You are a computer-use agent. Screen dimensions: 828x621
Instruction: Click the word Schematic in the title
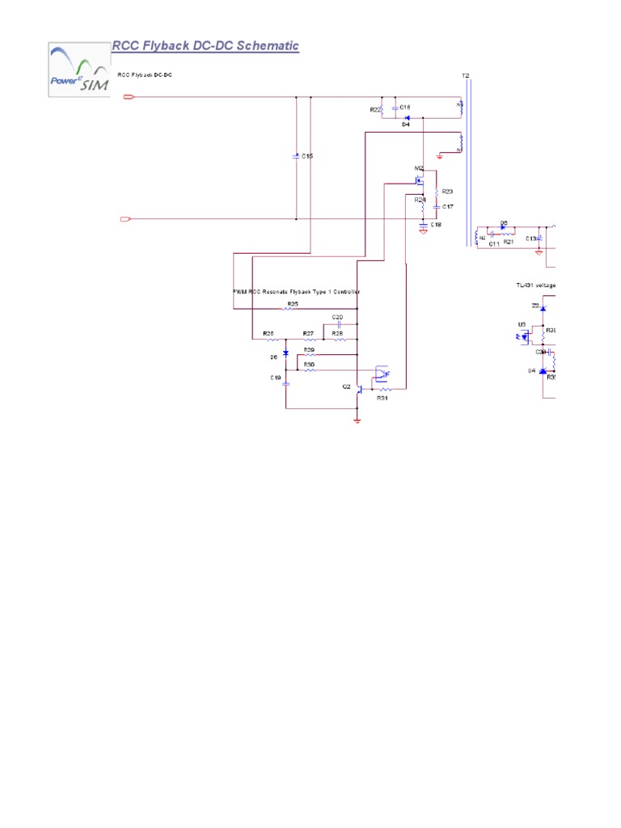point(268,46)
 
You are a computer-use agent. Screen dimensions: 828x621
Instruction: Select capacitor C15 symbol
point(297,156)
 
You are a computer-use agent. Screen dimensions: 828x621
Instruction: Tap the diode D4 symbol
point(408,118)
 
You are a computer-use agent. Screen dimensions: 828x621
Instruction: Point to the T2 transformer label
point(465,76)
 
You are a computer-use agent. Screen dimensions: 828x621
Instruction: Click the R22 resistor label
point(375,109)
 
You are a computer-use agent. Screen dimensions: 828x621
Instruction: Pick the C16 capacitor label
point(405,107)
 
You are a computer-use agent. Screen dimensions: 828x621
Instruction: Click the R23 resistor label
point(447,192)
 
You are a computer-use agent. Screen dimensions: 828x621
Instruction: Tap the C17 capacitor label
point(448,207)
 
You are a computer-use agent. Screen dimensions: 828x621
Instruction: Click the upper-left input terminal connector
point(128,97)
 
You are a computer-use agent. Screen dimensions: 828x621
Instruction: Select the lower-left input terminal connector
point(125,219)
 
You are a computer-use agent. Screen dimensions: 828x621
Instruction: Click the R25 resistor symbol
point(292,310)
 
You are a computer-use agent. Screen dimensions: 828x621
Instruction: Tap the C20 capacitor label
point(338,316)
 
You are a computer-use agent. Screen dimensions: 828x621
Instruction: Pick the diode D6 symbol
point(285,355)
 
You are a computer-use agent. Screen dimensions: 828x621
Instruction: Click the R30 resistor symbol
point(309,370)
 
